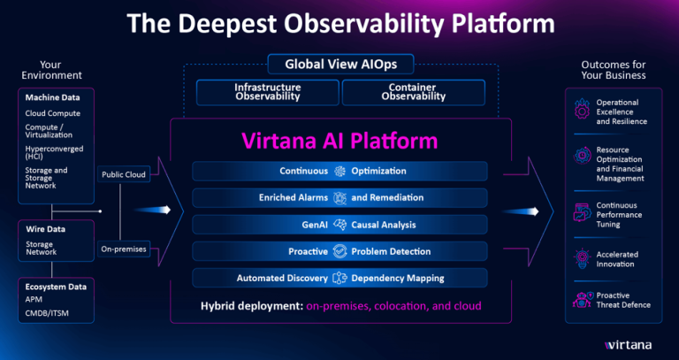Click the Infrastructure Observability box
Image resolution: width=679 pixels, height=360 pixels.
click(267, 92)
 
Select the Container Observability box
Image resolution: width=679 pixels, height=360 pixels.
click(412, 92)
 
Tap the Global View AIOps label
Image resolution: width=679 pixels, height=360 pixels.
click(339, 65)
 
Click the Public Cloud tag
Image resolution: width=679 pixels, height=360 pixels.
click(123, 174)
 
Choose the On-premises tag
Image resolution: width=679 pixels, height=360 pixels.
click(123, 249)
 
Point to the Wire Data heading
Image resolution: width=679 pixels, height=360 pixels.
click(40, 228)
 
